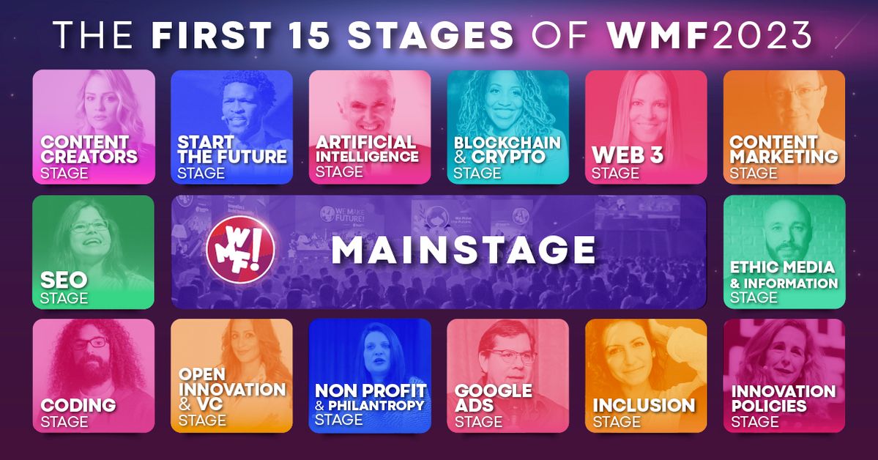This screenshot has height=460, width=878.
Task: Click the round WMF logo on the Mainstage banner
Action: (x=240, y=249)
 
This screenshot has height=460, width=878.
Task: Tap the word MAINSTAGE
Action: (x=463, y=250)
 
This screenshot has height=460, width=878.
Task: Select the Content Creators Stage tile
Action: (x=94, y=127)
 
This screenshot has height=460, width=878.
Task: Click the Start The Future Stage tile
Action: (x=232, y=127)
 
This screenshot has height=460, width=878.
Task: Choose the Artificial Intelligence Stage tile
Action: (x=370, y=127)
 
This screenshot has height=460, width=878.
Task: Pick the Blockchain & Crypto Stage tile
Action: (x=508, y=127)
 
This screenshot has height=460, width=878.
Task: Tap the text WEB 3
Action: (x=628, y=155)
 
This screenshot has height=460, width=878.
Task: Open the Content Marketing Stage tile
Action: (x=784, y=127)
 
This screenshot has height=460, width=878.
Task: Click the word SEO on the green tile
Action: (x=64, y=280)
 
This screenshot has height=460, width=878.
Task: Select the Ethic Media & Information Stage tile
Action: (x=784, y=251)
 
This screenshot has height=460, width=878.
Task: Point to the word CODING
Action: (x=78, y=404)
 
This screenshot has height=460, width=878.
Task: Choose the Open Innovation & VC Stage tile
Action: (x=232, y=375)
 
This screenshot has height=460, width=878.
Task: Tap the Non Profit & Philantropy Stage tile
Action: (x=370, y=375)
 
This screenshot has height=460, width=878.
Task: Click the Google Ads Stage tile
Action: (x=508, y=375)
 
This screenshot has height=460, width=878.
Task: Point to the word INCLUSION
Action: (x=644, y=405)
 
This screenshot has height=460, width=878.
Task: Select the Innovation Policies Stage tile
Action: (x=784, y=375)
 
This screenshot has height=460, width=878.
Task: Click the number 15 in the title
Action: (x=310, y=35)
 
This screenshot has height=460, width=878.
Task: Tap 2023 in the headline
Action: (x=762, y=35)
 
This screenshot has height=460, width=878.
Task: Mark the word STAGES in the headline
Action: (x=431, y=35)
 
